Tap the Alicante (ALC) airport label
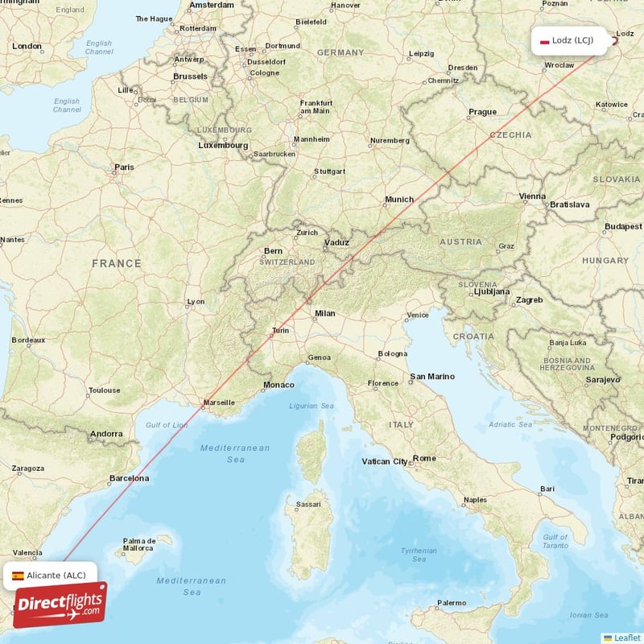pyautogui.click(x=56, y=575)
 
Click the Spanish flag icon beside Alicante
pyautogui.click(x=18, y=575)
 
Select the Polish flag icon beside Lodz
pyautogui.click(x=544, y=41)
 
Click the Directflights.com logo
pyautogui.click(x=60, y=604)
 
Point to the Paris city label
pyautogui.click(x=124, y=168)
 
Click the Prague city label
pyautogui.click(x=483, y=112)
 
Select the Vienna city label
pyautogui.click(x=532, y=196)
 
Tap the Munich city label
pyautogui.click(x=399, y=200)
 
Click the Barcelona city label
pyautogui.click(x=130, y=478)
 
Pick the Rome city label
pyautogui.click(x=424, y=459)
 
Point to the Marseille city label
pyautogui.click(x=220, y=402)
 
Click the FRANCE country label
pyautogui.click(x=117, y=263)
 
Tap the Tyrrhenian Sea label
pyautogui.click(x=419, y=555)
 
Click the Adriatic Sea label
pyautogui.click(x=510, y=424)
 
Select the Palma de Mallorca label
pyautogui.click(x=139, y=544)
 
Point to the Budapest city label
pyautogui.click(x=624, y=227)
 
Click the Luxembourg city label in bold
pyautogui.click(x=223, y=146)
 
